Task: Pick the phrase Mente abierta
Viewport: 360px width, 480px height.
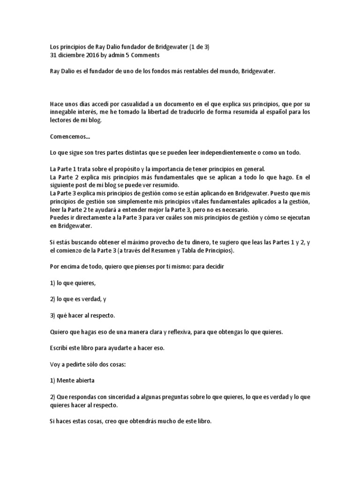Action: (x=75, y=381)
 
